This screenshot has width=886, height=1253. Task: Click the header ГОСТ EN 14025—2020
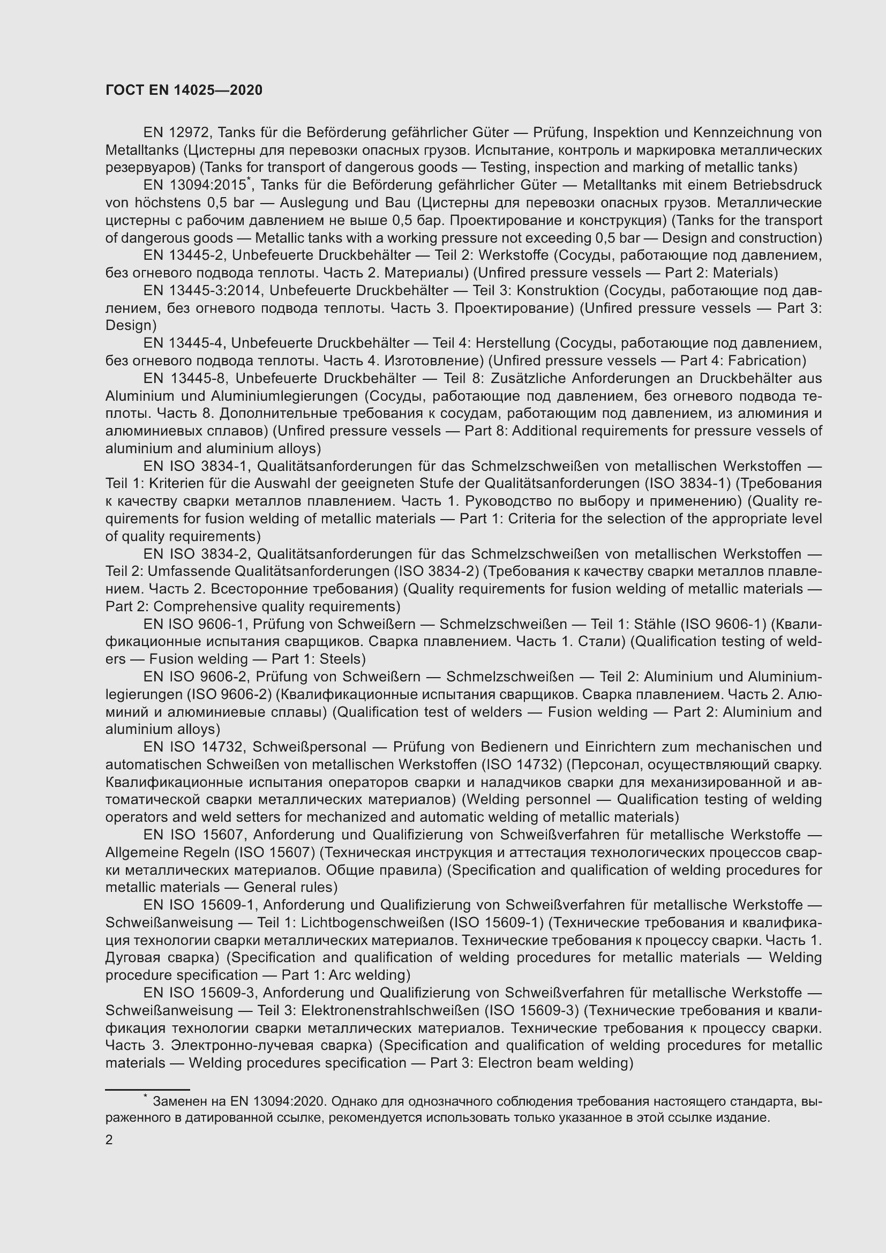184,91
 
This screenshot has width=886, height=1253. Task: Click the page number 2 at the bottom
109,1140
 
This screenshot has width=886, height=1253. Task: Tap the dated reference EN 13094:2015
194,185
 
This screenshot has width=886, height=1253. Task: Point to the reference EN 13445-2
184,256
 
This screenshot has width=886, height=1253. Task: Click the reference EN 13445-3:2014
202,291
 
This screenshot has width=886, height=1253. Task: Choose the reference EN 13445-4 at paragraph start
184,343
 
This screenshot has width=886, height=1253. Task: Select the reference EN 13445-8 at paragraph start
184,379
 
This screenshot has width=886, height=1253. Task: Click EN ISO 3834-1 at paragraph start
196,467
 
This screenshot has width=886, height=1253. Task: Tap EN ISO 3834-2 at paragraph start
196,554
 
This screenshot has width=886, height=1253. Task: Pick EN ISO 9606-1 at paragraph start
196,624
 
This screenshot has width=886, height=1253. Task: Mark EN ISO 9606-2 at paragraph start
196,677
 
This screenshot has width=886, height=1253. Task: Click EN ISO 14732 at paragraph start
193,747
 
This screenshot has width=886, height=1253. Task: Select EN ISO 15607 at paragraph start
193,835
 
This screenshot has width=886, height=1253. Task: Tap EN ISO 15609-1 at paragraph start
199,905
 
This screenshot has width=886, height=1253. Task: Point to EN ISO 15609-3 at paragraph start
199,993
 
